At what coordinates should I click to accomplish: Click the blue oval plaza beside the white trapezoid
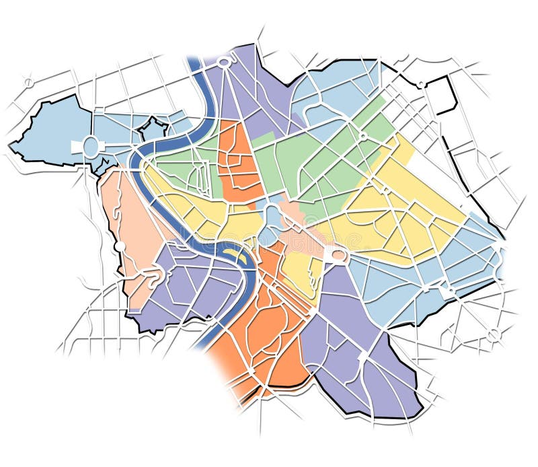[91, 147]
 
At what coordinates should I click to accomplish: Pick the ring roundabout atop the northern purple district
[224, 61]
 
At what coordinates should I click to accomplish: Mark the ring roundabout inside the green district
[363, 136]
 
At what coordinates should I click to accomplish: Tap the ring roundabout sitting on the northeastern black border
[422, 85]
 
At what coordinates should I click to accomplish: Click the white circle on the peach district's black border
[119, 247]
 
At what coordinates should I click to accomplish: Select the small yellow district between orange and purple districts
[299, 269]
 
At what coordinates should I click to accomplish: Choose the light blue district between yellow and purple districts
[403, 283]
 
